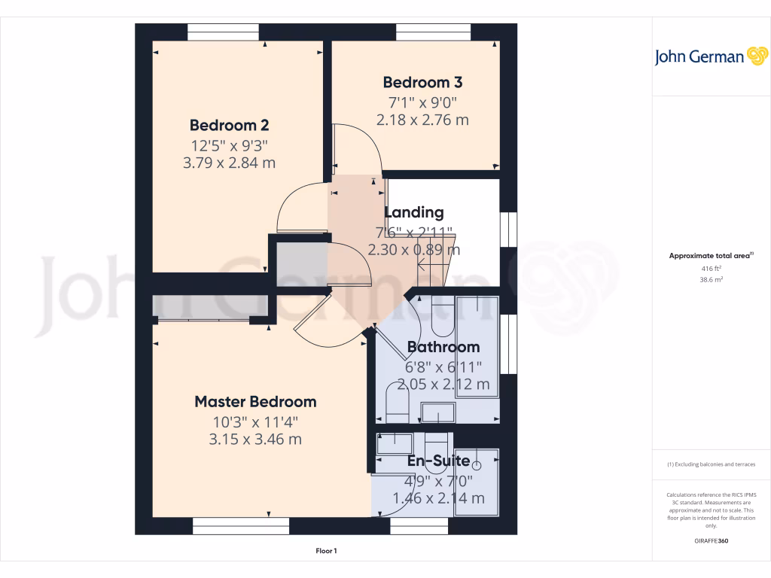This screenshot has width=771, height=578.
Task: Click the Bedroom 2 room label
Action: pyautogui.click(x=229, y=125)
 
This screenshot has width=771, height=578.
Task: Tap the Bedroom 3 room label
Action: pyautogui.click(x=422, y=82)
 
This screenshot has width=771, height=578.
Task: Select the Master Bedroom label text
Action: pyautogui.click(x=255, y=401)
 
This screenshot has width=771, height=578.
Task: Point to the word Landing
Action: pyautogui.click(x=414, y=212)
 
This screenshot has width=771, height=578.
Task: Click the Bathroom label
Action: pyautogui.click(x=443, y=347)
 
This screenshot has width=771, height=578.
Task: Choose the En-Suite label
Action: pyautogui.click(x=438, y=461)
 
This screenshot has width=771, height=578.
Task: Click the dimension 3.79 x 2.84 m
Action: pyautogui.click(x=229, y=162)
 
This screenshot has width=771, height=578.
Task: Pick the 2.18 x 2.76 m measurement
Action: pyautogui.click(x=422, y=119)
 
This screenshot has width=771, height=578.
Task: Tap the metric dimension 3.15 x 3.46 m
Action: pyautogui.click(x=255, y=439)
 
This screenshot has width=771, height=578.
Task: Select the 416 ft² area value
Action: pyautogui.click(x=712, y=268)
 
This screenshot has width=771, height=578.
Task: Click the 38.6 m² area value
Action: pyautogui.click(x=712, y=278)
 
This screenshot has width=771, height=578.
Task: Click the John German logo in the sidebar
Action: pyautogui.click(x=710, y=56)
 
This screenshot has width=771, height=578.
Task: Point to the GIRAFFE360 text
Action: pyautogui.click(x=712, y=541)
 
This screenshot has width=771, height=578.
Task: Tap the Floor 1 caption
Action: pyautogui.click(x=326, y=551)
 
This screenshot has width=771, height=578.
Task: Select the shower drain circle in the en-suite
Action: pyautogui.click(x=476, y=466)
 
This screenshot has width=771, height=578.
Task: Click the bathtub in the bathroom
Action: pyautogui.click(x=477, y=343)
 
